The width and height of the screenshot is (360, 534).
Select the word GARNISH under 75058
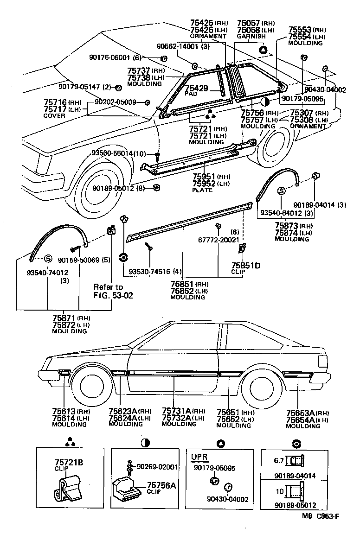tap(251, 36)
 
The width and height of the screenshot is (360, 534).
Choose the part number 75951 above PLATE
tap(204, 177)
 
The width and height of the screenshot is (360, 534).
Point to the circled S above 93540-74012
tap(47, 258)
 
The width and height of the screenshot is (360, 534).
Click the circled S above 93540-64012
tap(281, 190)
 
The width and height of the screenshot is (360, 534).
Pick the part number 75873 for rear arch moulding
tap(285, 226)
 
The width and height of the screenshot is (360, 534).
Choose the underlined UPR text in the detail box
tap(199, 457)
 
